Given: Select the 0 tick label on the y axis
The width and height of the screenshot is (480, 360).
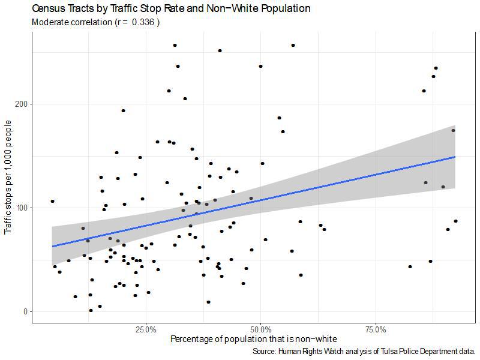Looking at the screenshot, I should click(26, 311).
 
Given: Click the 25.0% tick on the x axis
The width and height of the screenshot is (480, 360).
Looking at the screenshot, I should click(146, 330).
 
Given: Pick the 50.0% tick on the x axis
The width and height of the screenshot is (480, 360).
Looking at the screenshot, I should click(261, 330).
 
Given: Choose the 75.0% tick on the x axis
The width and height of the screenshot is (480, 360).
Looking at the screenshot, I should click(376, 330).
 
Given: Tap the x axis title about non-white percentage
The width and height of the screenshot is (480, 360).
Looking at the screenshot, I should click(254, 339).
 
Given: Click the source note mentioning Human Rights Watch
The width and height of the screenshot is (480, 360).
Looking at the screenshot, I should click(364, 351).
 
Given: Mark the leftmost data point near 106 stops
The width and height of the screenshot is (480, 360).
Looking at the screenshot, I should click(52, 201).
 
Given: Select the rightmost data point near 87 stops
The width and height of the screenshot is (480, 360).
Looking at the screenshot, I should click(455, 221).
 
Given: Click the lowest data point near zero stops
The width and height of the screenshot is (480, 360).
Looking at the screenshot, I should click(91, 310).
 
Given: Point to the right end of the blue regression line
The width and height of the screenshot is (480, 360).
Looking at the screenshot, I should click(455, 157).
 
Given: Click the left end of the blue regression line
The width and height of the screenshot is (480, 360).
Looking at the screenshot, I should click(53, 246).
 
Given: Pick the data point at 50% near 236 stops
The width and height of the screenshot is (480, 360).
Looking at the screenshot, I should click(260, 66).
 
